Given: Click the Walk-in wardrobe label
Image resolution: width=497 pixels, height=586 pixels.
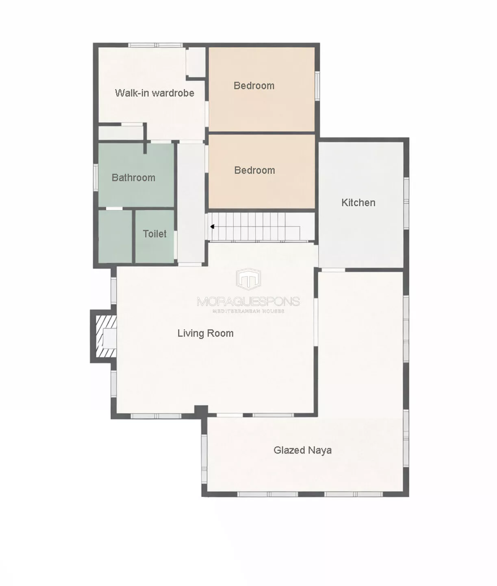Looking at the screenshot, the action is tap(154, 93).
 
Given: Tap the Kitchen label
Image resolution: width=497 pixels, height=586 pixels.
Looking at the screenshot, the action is tap(358, 202).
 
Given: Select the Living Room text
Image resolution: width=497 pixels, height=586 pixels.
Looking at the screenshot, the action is tap(205, 333).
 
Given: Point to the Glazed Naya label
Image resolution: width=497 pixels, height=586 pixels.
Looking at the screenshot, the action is tap(302, 450).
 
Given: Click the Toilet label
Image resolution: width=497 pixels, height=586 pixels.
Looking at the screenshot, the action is tap(154, 234).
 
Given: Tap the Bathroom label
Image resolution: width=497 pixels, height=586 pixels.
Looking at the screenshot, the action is tap(133, 177).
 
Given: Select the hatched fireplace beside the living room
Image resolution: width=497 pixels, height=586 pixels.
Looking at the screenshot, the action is tap(106, 336).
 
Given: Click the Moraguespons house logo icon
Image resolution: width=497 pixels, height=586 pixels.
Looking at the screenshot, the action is tap(248, 279).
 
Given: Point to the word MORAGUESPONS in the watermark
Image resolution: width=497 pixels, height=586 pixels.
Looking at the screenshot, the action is tap(248, 302).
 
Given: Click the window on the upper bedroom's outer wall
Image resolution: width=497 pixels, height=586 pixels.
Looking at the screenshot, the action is tap(317, 85).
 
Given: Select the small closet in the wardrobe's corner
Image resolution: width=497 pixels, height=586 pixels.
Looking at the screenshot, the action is tap(195, 61).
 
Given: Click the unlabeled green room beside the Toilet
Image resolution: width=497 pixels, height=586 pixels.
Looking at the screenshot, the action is tap(115, 236).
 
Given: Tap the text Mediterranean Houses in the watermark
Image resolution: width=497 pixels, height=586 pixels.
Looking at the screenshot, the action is tap(248, 311).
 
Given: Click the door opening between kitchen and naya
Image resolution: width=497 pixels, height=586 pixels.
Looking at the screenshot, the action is tap(332, 270).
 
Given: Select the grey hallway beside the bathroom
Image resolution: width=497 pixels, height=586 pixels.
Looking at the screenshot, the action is tap(191, 203).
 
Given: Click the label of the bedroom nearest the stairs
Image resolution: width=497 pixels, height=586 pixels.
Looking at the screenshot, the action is tap(254, 170).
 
